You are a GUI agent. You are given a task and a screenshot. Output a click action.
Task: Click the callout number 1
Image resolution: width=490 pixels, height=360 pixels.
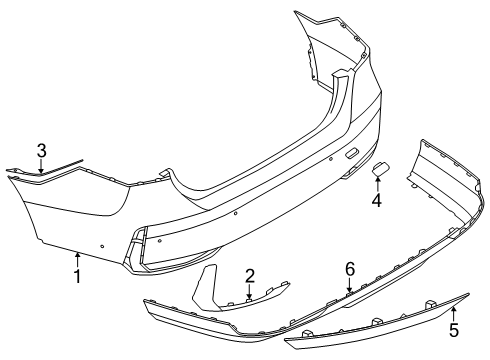click(x=77, y=273)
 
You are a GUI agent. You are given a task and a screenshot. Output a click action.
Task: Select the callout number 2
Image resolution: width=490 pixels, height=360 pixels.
click(x=250, y=275)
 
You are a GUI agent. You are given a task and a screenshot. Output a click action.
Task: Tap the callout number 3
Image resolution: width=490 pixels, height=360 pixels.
click(x=41, y=150)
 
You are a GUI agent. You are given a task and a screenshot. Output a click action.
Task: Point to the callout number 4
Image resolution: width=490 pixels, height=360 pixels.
click(x=376, y=200)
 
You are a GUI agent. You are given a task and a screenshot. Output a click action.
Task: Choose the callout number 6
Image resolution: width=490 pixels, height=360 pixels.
click(x=349, y=268)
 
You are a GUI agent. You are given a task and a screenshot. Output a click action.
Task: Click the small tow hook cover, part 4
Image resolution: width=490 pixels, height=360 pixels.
click(x=382, y=170)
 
